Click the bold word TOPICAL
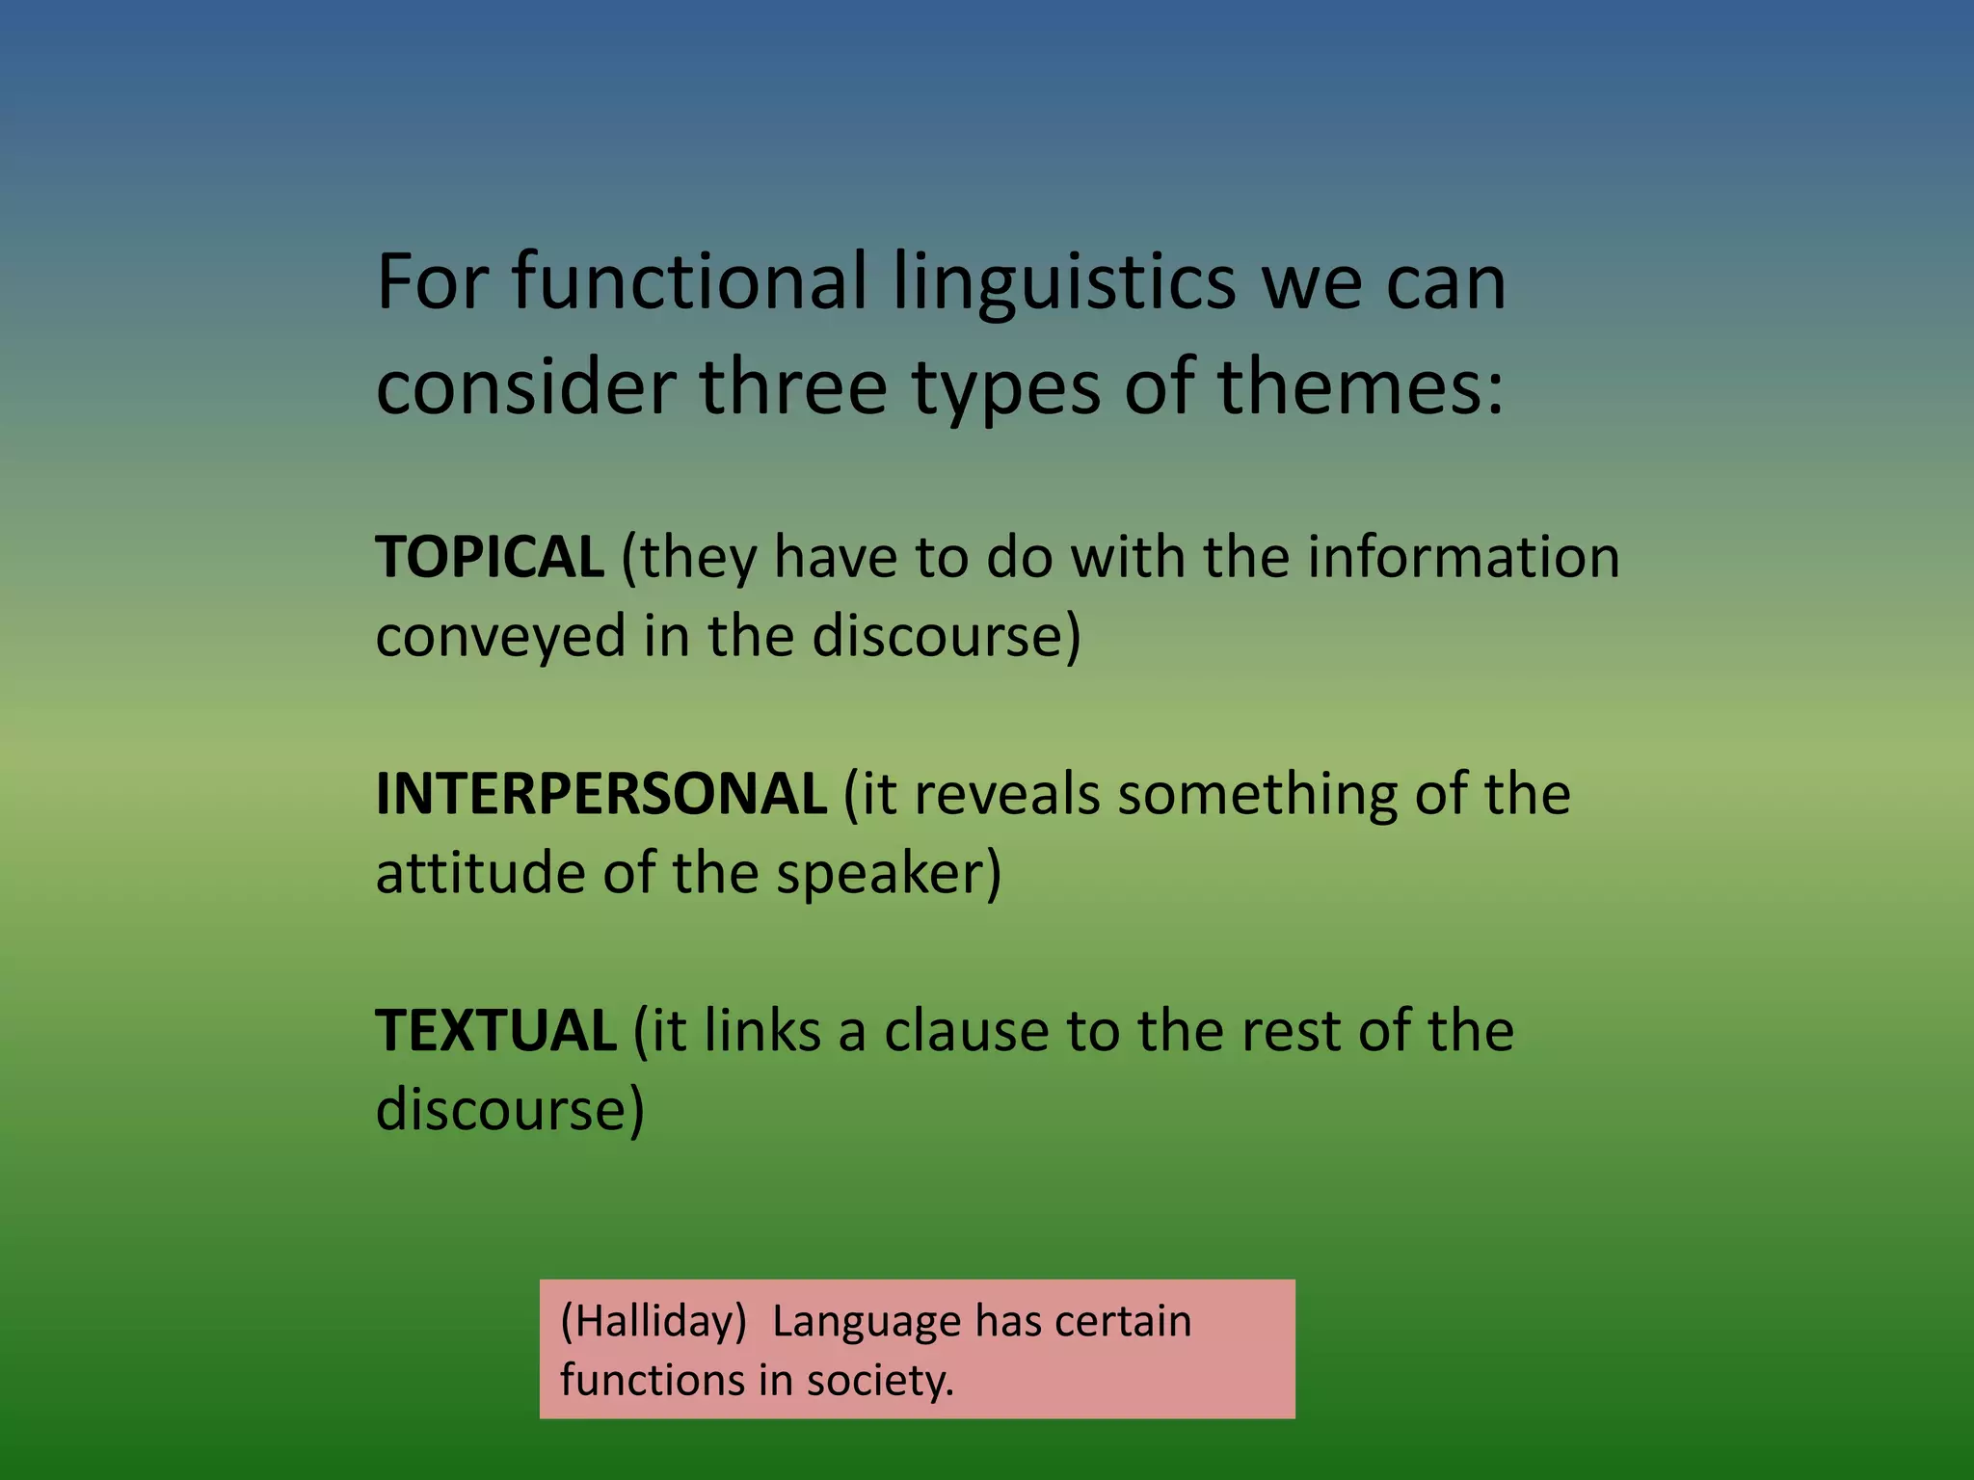point(489,557)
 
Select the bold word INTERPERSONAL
point(600,794)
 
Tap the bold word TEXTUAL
point(495,1030)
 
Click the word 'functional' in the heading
point(688,281)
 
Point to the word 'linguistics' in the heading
point(1064,281)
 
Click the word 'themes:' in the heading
point(1360,386)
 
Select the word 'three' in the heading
point(792,386)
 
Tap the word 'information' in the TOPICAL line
point(1463,557)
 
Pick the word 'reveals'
point(1005,794)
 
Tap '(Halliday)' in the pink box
point(653,1321)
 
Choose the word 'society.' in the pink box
point(879,1380)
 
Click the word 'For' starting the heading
point(431,281)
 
